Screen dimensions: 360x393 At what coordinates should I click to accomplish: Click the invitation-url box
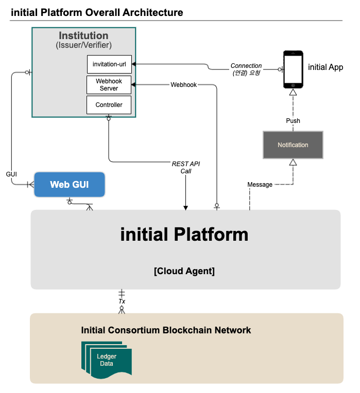[x=109, y=64]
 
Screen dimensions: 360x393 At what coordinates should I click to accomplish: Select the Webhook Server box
[x=109, y=85]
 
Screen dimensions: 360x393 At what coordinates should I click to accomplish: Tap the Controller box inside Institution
[x=109, y=105]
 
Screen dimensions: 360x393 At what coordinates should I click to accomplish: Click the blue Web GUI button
[x=70, y=185]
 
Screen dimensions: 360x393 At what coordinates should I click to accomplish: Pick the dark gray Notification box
[x=293, y=145]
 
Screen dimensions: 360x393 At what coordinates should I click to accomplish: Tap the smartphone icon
[x=293, y=69]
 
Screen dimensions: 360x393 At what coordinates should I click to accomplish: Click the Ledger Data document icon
[x=107, y=360]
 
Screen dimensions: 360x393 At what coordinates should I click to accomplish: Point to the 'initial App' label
[x=325, y=67]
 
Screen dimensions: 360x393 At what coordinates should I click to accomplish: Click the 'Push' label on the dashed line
[x=293, y=120]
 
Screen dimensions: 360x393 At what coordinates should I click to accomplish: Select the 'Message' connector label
[x=260, y=185]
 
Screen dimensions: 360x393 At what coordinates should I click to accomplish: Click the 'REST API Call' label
[x=185, y=167]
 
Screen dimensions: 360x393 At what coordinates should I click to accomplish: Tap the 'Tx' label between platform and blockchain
[x=122, y=301]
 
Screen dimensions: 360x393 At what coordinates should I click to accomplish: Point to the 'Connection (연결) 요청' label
[x=246, y=69]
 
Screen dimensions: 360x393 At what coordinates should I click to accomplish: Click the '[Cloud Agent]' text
[x=184, y=271]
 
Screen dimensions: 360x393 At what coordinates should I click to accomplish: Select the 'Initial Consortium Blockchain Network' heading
[x=166, y=330]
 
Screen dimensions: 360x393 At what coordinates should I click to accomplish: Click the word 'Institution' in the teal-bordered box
[x=83, y=35]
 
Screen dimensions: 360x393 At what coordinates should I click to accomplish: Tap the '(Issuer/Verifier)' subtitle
[x=83, y=45]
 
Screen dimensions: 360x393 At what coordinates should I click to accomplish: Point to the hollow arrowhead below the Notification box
[x=293, y=163]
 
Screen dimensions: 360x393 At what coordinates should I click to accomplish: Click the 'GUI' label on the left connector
[x=11, y=174]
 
